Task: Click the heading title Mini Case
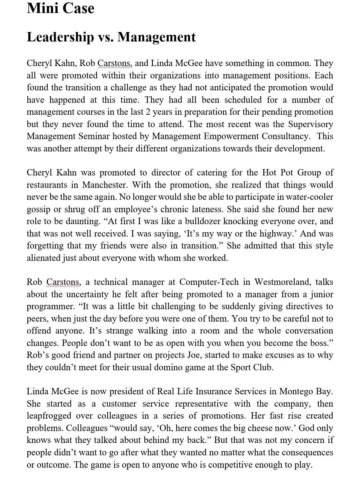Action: click(60, 8)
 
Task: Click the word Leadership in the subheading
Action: click(60, 37)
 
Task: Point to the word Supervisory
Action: click(310, 124)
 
